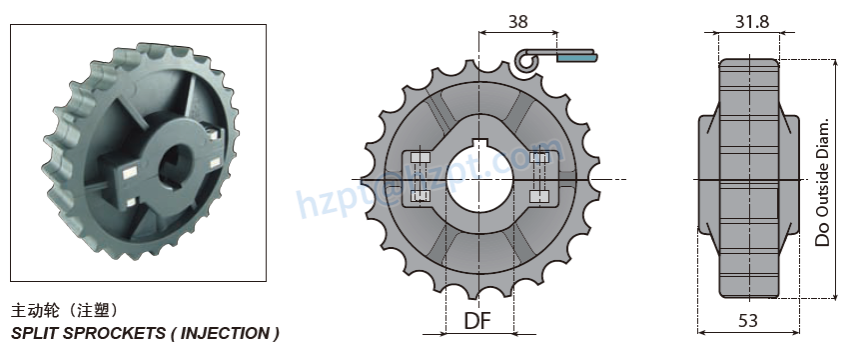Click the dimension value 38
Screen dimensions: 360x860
(x=516, y=20)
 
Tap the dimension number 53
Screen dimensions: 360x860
(x=748, y=320)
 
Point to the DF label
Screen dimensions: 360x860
(x=477, y=321)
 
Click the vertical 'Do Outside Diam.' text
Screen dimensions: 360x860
(x=823, y=181)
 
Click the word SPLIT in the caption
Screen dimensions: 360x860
(x=31, y=332)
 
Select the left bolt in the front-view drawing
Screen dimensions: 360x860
(x=418, y=178)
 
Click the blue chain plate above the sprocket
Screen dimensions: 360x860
(x=576, y=58)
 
